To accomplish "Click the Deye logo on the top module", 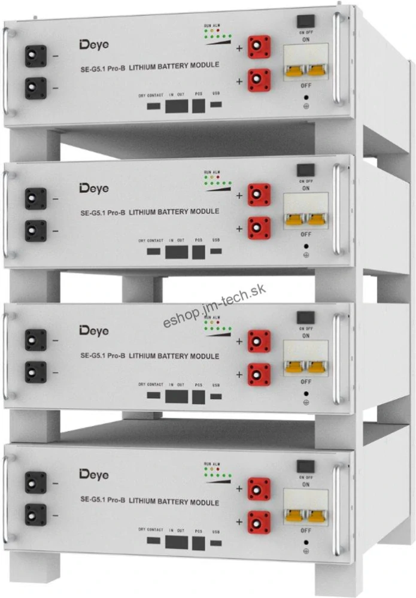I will point(94,44).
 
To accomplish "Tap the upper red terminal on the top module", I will point(259,47).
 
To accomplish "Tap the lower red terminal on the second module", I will point(259,227).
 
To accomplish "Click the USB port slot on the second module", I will point(215,251).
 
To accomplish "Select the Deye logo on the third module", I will point(94,330).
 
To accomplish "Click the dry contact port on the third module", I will point(154,396).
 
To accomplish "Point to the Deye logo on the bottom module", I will point(94,475).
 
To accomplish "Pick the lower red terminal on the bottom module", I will point(259,521).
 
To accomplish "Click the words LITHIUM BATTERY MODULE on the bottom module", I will point(174,502).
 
